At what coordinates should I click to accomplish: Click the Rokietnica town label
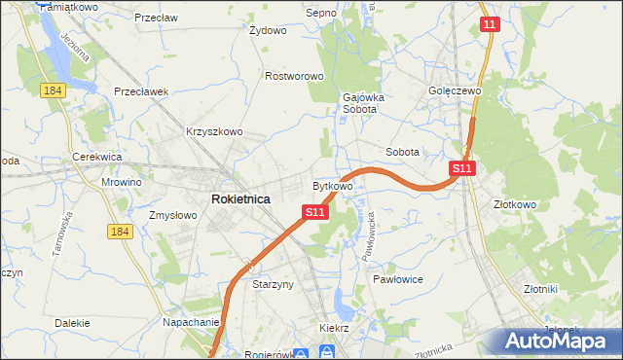[x=240, y=198]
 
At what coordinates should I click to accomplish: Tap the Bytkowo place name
[x=332, y=185]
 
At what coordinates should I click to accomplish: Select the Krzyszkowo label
[x=213, y=131]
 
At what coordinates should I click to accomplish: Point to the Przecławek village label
[x=141, y=91]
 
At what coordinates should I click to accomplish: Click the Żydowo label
[x=268, y=30]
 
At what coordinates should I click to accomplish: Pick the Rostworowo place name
[x=294, y=75]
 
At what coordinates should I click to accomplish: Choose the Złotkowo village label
[x=515, y=205]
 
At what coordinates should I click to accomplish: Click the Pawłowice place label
[x=395, y=278]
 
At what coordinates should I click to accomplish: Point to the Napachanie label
[x=190, y=322]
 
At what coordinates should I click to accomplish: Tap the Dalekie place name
[x=73, y=322]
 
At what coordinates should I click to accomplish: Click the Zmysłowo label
[x=173, y=215]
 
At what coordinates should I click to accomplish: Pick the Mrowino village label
[x=122, y=182]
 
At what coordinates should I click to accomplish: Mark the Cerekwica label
[x=95, y=157]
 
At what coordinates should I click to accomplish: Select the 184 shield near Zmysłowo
[x=120, y=231]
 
